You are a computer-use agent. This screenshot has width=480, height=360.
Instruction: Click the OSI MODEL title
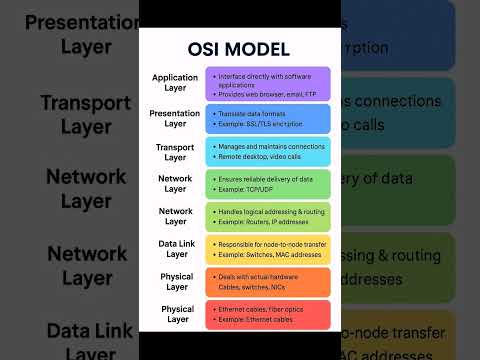(x=239, y=49)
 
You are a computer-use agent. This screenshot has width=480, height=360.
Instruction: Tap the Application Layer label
(x=175, y=83)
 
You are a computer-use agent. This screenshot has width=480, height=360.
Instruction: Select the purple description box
(x=267, y=84)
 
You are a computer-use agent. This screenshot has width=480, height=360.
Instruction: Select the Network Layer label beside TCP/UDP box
(x=175, y=184)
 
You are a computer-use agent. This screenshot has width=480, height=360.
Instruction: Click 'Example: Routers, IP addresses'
(x=257, y=221)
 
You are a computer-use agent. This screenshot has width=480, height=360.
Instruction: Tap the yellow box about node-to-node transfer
(x=267, y=249)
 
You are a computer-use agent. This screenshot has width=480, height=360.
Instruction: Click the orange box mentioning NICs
(x=267, y=282)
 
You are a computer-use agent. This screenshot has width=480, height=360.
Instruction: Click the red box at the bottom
(x=267, y=315)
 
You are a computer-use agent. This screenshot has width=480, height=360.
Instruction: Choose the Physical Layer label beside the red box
(x=175, y=315)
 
